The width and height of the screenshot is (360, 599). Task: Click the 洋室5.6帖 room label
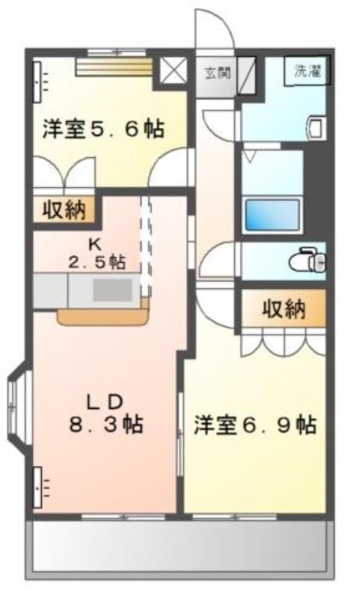click(103, 129)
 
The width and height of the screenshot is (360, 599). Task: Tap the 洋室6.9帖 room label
click(255, 425)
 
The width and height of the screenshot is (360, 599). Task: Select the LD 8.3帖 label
click(106, 413)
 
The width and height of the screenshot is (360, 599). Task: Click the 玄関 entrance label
click(218, 73)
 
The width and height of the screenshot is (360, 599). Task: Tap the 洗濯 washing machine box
click(307, 71)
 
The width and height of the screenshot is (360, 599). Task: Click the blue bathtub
click(272, 215)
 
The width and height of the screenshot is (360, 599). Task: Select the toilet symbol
click(308, 260)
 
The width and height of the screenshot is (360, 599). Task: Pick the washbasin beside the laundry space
click(317, 127)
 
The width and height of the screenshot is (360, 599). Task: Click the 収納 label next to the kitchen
click(64, 210)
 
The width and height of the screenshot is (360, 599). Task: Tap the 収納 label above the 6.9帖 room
click(284, 308)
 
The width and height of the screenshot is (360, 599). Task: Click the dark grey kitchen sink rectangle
click(112, 290)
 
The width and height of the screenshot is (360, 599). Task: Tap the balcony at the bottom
click(180, 547)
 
